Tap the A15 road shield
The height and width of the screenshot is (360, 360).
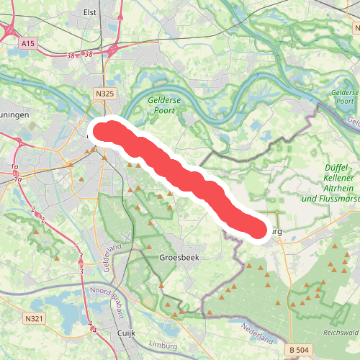click(28, 44)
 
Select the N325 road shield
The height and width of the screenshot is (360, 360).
click(104, 93)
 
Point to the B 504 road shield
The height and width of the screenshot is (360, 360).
click(302, 349)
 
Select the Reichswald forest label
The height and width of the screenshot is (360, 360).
click(341, 333)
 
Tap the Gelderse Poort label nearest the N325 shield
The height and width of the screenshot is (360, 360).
click(164, 105)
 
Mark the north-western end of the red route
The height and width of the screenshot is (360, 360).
click(101, 132)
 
